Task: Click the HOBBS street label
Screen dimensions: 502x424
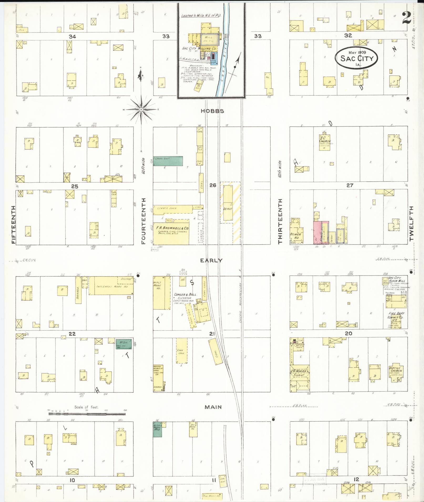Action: click(x=212, y=111)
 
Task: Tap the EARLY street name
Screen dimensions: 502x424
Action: click(x=211, y=260)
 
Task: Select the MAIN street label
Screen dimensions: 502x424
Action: click(x=213, y=407)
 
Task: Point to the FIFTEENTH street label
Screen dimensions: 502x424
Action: click(x=13, y=225)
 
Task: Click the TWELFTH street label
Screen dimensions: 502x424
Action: click(x=411, y=223)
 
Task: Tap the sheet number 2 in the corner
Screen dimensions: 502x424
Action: click(x=407, y=18)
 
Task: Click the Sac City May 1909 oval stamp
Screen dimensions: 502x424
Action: click(x=356, y=58)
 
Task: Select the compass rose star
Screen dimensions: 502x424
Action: click(x=141, y=109)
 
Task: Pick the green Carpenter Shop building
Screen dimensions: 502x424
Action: click(x=168, y=161)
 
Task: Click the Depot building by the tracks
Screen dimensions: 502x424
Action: click(x=228, y=203)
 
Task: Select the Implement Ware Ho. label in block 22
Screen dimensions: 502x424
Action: click(x=112, y=287)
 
